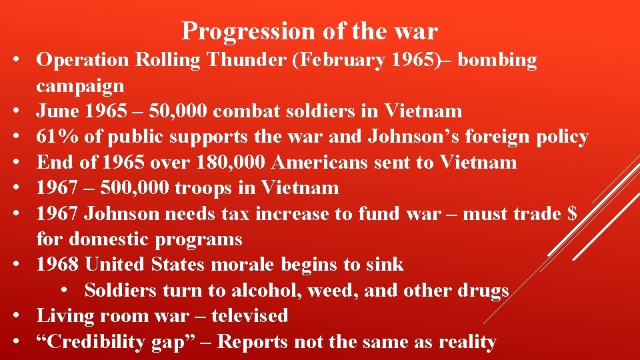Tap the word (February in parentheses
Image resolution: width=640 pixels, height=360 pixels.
pos(329,60)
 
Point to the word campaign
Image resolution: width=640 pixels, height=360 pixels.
pos(80,86)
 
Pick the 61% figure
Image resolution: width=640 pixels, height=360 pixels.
pos(56,137)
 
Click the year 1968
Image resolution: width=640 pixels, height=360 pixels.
pos(58,265)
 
